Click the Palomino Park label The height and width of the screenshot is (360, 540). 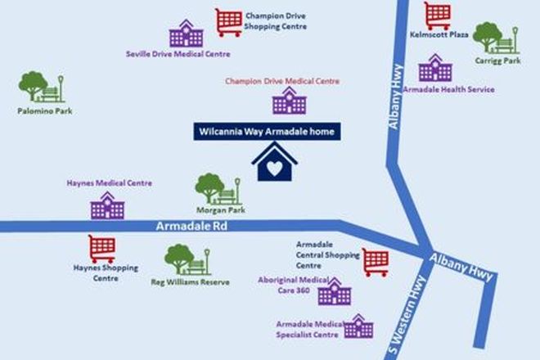click(x=45, y=111)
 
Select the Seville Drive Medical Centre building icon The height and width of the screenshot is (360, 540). click(x=187, y=34)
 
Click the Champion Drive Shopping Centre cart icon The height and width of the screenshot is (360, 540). click(x=228, y=22)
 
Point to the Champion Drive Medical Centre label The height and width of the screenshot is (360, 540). click(x=282, y=81)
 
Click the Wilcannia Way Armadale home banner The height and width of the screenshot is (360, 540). click(x=267, y=132)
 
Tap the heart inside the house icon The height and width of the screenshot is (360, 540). click(x=274, y=169)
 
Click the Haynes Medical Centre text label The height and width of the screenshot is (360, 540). click(x=110, y=183)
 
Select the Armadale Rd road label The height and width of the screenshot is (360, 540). click(x=191, y=226)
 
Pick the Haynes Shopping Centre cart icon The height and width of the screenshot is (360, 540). click(x=102, y=249)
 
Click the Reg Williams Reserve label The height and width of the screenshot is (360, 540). click(x=190, y=282)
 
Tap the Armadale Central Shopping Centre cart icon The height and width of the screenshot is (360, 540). click(x=376, y=263)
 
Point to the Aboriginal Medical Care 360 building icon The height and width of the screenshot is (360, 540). click(x=335, y=291)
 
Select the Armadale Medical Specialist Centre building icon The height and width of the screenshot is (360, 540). click(x=358, y=326)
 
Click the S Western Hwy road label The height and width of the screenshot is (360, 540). click(x=408, y=314)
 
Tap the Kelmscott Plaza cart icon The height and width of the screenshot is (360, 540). click(x=438, y=16)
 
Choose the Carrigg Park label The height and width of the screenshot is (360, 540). click(x=497, y=61)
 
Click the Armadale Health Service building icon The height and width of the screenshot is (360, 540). click(x=435, y=68)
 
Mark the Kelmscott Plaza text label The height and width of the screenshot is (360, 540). click(x=439, y=35)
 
